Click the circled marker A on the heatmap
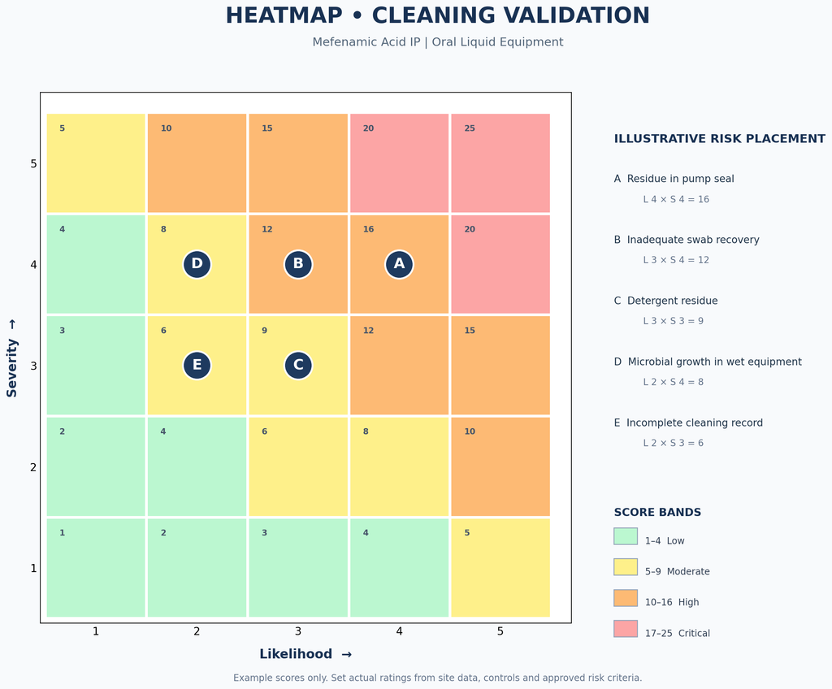point(399,264)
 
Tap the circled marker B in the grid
point(298,264)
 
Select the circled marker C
point(298,365)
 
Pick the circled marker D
point(197,264)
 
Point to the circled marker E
point(197,365)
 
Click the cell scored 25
point(500,163)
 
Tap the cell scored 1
point(96,567)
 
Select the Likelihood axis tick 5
point(500,631)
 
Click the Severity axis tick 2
point(33,467)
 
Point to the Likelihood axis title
point(305,654)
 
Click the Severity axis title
point(11,358)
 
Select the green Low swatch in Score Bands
point(626,536)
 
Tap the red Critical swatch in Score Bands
point(626,629)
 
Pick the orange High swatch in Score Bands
point(626,598)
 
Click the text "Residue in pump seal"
point(680,179)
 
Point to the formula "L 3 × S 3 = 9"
point(674,321)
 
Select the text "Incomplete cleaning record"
point(695,423)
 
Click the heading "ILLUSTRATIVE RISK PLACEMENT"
point(720,139)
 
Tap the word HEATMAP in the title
point(284,15)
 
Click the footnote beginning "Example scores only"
point(438,678)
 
